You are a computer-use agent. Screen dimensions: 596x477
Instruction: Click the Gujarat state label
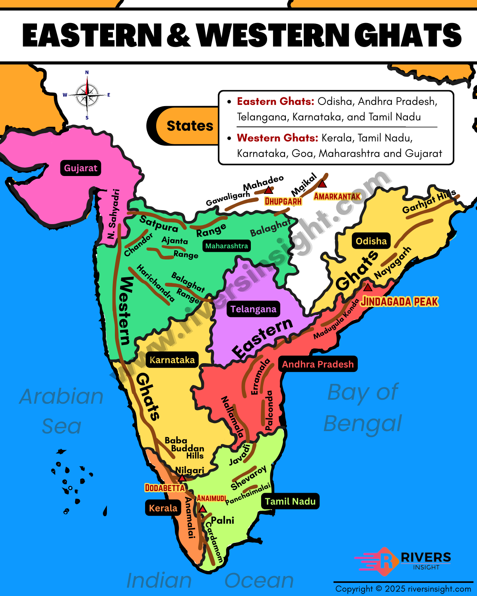[x=81, y=168]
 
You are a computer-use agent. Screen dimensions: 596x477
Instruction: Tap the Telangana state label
[x=253, y=309]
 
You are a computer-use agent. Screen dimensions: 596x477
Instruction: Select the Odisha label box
[x=371, y=241]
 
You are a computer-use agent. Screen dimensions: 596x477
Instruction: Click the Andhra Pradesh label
[x=318, y=364]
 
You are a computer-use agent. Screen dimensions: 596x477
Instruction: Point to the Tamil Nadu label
[x=290, y=501]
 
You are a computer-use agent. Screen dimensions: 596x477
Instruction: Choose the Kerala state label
[x=163, y=508]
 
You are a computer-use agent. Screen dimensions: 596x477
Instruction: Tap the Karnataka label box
[x=172, y=360]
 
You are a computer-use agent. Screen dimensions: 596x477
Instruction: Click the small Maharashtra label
[x=227, y=246]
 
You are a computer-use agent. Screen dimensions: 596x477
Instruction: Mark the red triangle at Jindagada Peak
[x=368, y=287]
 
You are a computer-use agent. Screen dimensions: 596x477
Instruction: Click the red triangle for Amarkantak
[x=322, y=184]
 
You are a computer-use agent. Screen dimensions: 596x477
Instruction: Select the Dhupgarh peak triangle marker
[x=269, y=190]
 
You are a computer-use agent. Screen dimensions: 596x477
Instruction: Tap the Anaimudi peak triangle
[x=203, y=509]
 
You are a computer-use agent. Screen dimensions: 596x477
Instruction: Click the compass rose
[x=87, y=95]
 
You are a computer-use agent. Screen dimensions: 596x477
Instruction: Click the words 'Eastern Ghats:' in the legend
[x=275, y=101]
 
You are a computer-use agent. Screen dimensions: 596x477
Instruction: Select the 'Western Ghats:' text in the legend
[x=277, y=138]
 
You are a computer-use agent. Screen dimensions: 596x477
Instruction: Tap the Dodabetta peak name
[x=165, y=488]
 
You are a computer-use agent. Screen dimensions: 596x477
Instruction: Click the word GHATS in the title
[x=407, y=35]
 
